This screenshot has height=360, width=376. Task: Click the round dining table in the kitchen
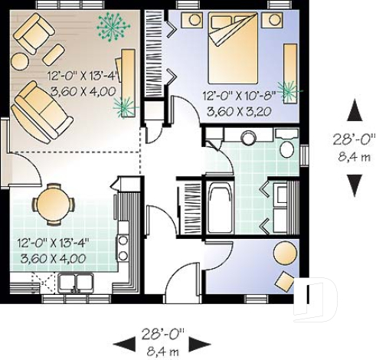point(52,203)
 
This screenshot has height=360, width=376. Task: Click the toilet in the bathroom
point(287,146)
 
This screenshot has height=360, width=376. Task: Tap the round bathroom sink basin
point(249,139)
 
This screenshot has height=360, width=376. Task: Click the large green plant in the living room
point(113,27)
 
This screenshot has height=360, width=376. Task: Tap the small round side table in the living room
point(54,54)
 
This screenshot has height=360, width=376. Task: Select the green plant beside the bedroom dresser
point(289,91)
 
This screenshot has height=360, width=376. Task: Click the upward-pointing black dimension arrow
point(354,113)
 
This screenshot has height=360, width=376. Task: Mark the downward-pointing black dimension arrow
point(354,185)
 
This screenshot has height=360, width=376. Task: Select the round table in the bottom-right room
point(285,252)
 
